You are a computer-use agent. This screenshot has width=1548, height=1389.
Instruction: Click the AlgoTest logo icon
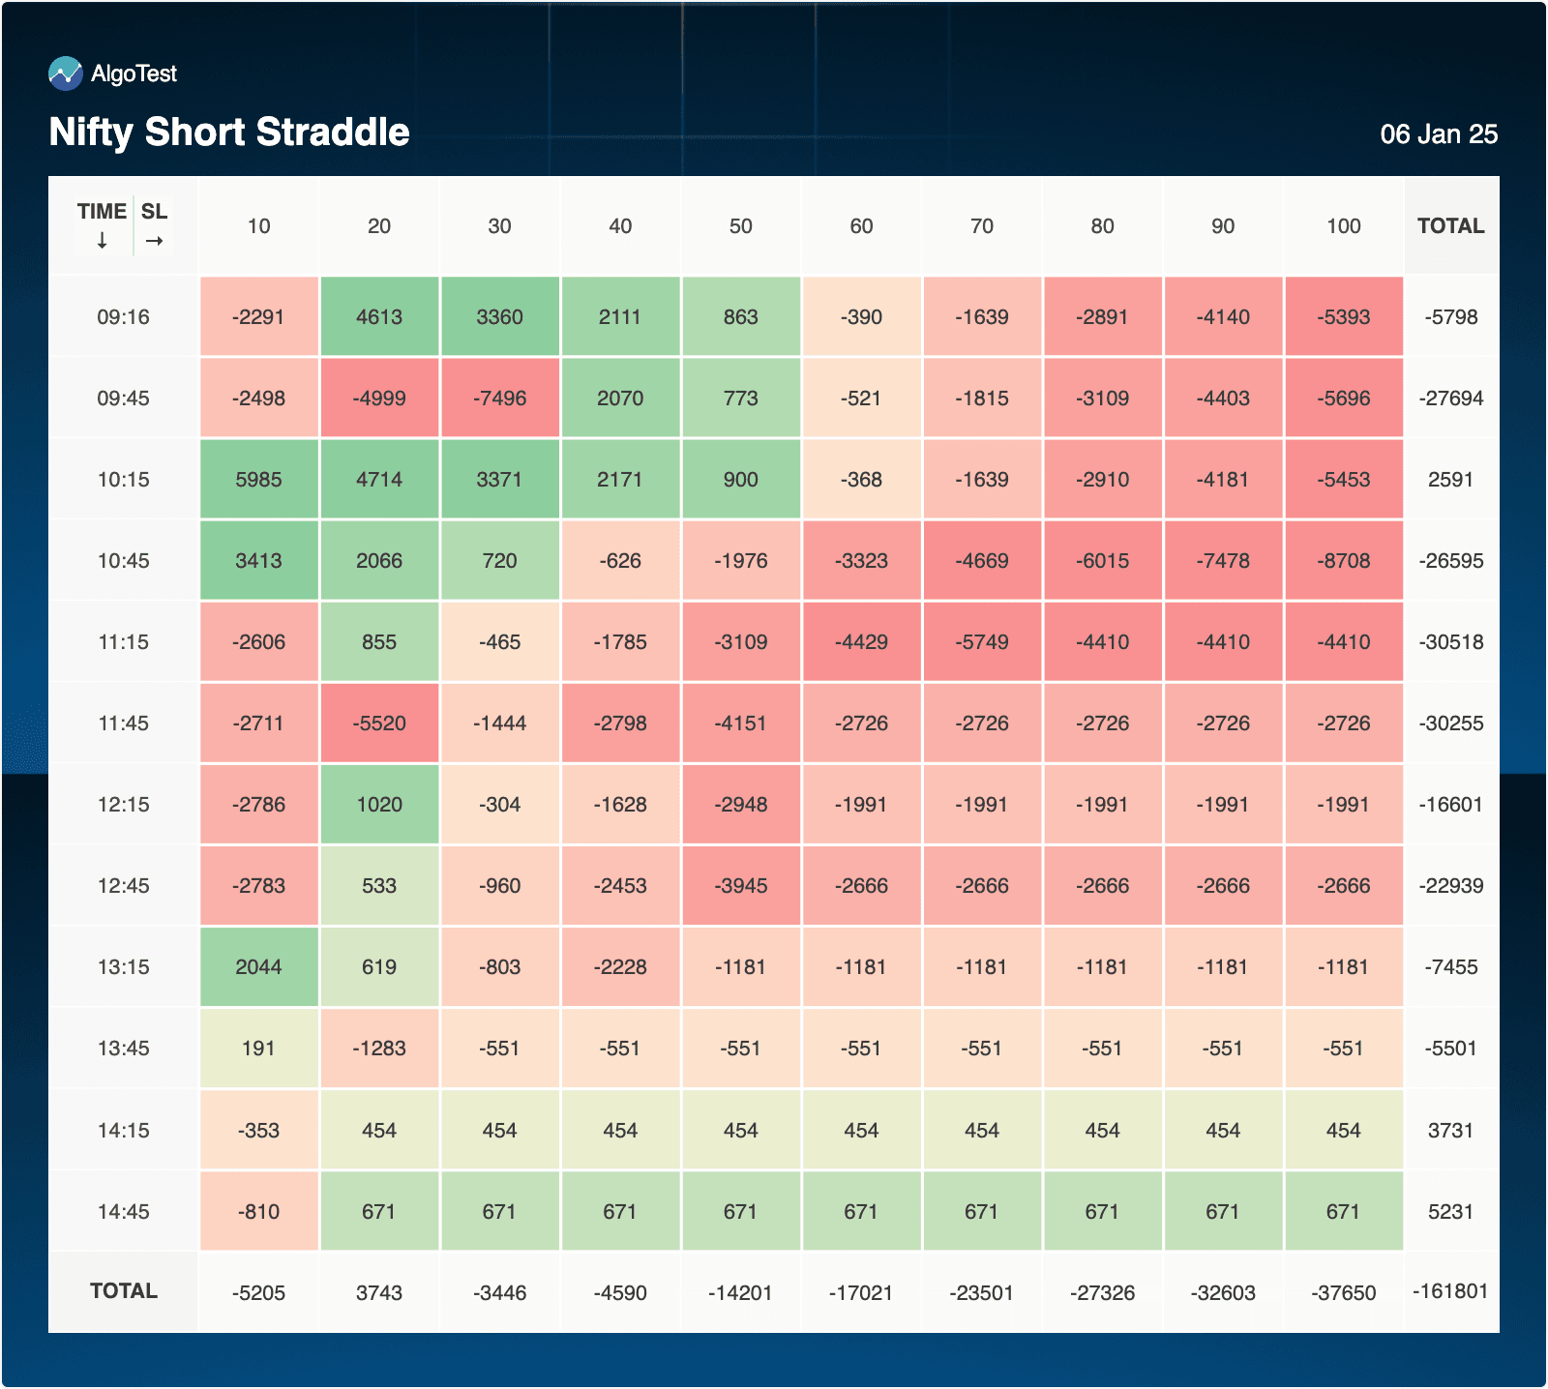(66, 74)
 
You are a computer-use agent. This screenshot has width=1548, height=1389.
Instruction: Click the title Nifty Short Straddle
(229, 133)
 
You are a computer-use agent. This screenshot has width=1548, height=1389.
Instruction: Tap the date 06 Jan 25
(1439, 134)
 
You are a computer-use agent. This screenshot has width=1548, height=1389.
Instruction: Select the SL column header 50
(741, 226)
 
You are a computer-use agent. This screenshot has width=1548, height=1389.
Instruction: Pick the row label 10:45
(124, 561)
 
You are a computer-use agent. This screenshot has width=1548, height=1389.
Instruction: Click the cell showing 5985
(259, 480)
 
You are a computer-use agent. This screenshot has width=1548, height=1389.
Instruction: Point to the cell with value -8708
(1344, 561)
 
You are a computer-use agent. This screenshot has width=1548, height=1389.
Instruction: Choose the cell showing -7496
(500, 399)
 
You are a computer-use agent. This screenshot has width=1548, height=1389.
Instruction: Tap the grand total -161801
(1450, 1291)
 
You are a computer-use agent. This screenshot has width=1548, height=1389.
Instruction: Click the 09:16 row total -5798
(1451, 317)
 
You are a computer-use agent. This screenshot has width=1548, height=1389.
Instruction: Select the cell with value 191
(259, 1049)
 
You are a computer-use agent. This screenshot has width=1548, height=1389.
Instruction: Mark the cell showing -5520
(379, 724)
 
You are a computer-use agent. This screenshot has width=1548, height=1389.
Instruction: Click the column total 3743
(379, 1293)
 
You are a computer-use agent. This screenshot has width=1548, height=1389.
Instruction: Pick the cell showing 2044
(259, 967)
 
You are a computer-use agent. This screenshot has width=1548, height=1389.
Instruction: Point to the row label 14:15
(124, 1131)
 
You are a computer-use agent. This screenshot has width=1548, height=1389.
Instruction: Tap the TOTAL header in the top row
(1450, 226)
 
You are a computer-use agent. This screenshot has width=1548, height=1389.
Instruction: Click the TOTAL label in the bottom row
(124, 1291)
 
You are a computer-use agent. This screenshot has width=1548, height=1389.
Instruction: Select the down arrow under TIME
(103, 241)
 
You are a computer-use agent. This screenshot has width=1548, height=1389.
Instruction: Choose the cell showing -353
(259, 1131)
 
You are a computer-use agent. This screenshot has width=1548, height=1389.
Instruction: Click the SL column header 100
(1344, 226)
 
